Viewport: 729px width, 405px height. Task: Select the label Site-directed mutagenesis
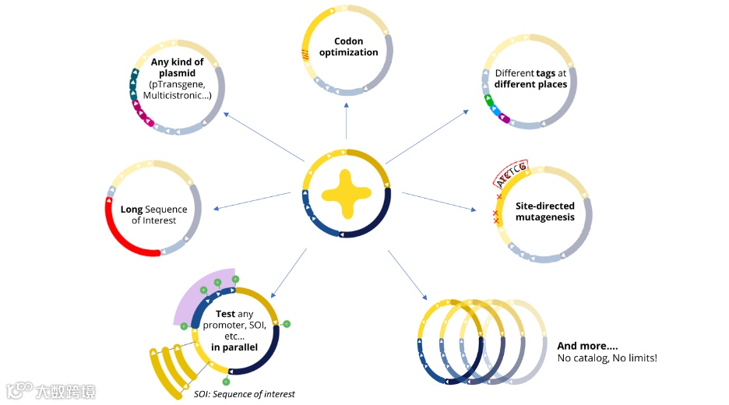(545, 211)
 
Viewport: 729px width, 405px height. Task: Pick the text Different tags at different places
(531, 79)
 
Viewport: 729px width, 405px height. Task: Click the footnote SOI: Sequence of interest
(245, 394)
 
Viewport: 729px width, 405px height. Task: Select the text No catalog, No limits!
(607, 358)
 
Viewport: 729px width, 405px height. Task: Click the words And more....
(587, 346)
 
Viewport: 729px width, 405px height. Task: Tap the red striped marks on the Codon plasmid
(306, 54)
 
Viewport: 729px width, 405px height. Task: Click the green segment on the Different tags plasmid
(489, 100)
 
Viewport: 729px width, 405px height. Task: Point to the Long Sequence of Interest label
(153, 215)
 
